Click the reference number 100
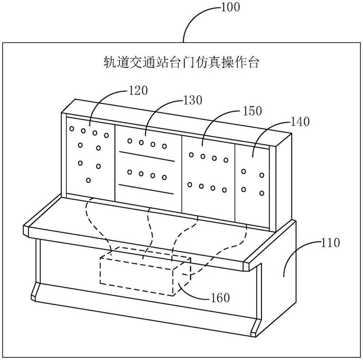231,7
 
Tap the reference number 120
138,90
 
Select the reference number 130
192,100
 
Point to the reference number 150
252,111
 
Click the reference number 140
300,121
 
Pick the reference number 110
330,242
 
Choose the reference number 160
220,297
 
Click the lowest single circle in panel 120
88,180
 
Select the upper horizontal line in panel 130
147,156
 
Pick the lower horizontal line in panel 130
146,189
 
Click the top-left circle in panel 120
72,128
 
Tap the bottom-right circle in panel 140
262,193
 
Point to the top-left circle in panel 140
244,172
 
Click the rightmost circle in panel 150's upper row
226,160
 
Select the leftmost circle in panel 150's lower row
190,185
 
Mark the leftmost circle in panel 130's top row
130,141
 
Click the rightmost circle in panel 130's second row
164,178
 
